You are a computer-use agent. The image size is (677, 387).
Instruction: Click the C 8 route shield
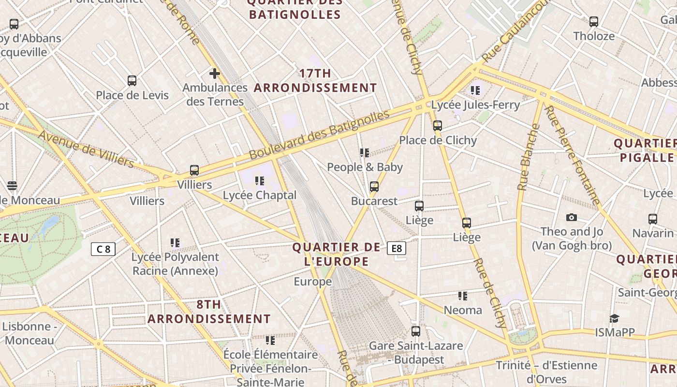click(103, 249)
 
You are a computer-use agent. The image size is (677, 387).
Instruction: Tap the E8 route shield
click(396, 248)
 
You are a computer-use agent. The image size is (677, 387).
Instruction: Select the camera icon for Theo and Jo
click(572, 217)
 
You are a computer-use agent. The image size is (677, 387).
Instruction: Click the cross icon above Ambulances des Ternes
click(215, 74)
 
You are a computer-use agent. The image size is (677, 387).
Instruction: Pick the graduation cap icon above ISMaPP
click(614, 318)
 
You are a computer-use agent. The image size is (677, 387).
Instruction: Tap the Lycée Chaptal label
click(260, 195)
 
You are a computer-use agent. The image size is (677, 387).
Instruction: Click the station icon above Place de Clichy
click(438, 126)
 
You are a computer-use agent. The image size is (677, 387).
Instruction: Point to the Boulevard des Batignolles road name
click(319, 135)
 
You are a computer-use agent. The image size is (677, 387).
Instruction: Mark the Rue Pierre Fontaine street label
click(572, 155)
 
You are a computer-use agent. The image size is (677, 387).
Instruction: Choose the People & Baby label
click(365, 167)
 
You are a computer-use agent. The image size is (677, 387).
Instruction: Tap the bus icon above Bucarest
click(374, 186)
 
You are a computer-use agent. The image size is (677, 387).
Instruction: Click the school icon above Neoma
click(463, 296)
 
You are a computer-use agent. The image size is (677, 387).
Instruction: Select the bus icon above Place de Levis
click(132, 81)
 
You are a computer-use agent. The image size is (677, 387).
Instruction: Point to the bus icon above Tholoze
click(593, 22)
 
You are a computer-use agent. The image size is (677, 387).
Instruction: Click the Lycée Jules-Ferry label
click(475, 105)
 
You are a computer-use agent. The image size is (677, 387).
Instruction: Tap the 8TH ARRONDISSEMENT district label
click(209, 312)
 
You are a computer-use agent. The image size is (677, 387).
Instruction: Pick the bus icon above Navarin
click(653, 219)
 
